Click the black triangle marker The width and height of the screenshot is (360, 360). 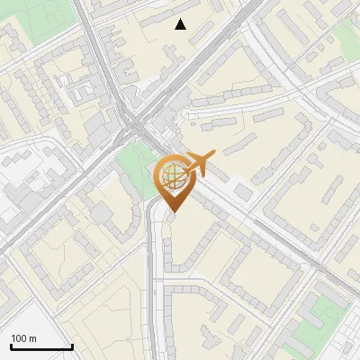[181, 24]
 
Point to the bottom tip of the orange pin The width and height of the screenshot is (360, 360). [171, 212]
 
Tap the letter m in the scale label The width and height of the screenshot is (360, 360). [33, 338]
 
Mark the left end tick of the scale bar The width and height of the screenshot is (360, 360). [11, 346]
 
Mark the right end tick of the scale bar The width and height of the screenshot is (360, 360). [72, 346]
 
